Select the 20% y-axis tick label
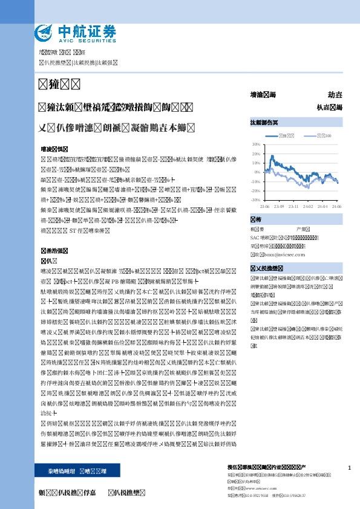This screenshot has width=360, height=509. (x=256, y=154)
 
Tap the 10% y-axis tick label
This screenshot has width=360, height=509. (x=256, y=163)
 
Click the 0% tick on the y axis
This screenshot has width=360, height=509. (x=257, y=172)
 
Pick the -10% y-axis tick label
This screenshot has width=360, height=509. (x=255, y=181)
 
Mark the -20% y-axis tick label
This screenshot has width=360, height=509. (x=255, y=190)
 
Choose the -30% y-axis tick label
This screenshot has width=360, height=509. (x=255, y=199)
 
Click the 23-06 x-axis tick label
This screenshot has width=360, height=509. (x=264, y=206)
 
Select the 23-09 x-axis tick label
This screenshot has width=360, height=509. (x=279, y=206)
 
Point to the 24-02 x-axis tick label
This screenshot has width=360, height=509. (x=309, y=206)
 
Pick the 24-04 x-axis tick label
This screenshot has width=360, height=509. (x=323, y=206)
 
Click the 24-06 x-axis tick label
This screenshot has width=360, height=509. (x=336, y=206)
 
